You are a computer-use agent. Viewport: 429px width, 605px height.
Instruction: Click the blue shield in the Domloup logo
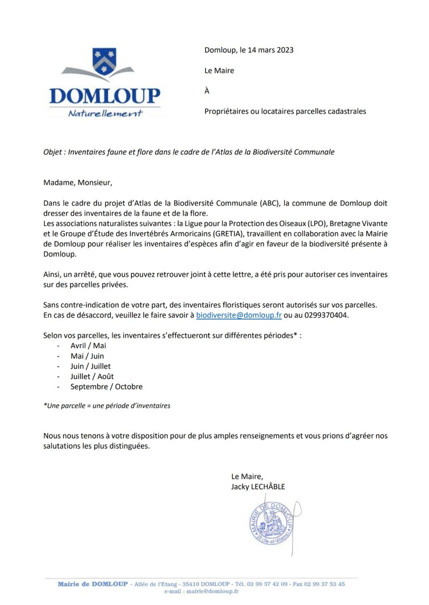[104, 61]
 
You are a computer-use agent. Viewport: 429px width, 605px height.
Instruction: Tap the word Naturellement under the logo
[105, 114]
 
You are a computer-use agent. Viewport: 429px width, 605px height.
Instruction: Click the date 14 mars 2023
[266, 50]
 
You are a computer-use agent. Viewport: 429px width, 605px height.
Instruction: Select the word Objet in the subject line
[52, 152]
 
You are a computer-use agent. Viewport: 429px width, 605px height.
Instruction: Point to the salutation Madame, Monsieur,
[78, 183]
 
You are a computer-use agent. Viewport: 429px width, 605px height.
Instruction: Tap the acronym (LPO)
[316, 223]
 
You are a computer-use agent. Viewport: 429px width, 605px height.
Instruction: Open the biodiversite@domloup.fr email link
[239, 315]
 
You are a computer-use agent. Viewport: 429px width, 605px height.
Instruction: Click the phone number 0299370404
[326, 315]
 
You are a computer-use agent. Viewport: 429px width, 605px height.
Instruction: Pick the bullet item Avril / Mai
[88, 345]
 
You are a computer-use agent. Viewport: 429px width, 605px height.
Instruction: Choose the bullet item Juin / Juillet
[90, 366]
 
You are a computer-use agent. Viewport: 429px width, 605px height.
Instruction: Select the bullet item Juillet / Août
[92, 376]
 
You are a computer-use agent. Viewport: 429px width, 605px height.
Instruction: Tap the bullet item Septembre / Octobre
[106, 387]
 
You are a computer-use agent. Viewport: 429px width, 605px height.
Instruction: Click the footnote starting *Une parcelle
[107, 406]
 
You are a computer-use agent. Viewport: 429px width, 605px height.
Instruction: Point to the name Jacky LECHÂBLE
[258, 487]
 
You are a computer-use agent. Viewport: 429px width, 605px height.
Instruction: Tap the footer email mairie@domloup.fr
[212, 591]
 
